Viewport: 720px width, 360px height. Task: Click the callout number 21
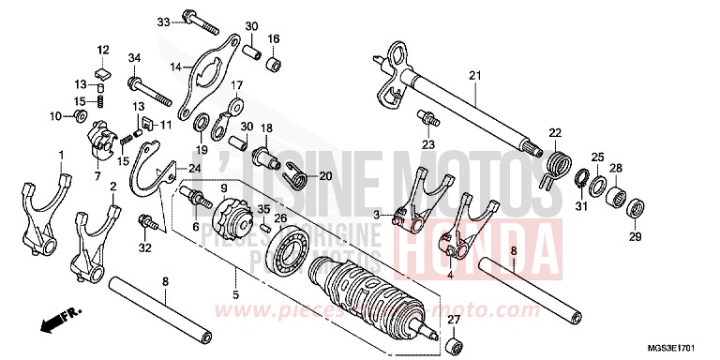pyautogui.click(x=474, y=75)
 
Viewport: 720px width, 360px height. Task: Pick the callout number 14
pyautogui.click(x=174, y=67)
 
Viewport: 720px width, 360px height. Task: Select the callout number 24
pyautogui.click(x=194, y=169)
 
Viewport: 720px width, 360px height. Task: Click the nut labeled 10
pyautogui.click(x=82, y=115)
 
